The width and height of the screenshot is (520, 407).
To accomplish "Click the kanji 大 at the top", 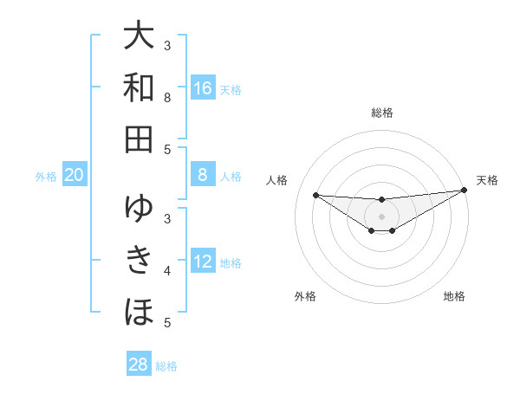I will coord(139,36).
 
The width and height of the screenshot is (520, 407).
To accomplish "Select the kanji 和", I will coord(139,87).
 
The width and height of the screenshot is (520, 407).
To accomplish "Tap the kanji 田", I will coord(139,139).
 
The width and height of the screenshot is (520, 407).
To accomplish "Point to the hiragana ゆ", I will coord(139,208).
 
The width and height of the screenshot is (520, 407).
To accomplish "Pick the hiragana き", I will coord(139,259).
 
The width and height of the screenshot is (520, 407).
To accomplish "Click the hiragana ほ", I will coord(139,310).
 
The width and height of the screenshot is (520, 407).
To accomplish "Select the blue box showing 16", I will coord(203,88).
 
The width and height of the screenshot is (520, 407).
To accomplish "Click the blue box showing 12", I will coord(203,262).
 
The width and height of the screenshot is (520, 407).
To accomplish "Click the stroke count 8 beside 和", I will coord(167,97).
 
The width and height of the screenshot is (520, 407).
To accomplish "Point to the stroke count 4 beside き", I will coord(167,271).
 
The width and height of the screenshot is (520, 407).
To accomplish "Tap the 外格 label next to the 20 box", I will coord(46,177).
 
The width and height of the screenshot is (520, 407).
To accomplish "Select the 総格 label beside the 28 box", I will coord(166,365).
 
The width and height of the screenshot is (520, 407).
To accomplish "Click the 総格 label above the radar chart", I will coord(381,113).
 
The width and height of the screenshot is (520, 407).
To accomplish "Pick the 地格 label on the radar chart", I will coord(454,296).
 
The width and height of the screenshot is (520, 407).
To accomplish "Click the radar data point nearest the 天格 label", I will coord(465,190).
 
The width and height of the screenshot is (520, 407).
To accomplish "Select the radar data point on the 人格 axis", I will coord(315,195).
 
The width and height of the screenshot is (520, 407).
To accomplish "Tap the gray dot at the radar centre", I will coord(381,216).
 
